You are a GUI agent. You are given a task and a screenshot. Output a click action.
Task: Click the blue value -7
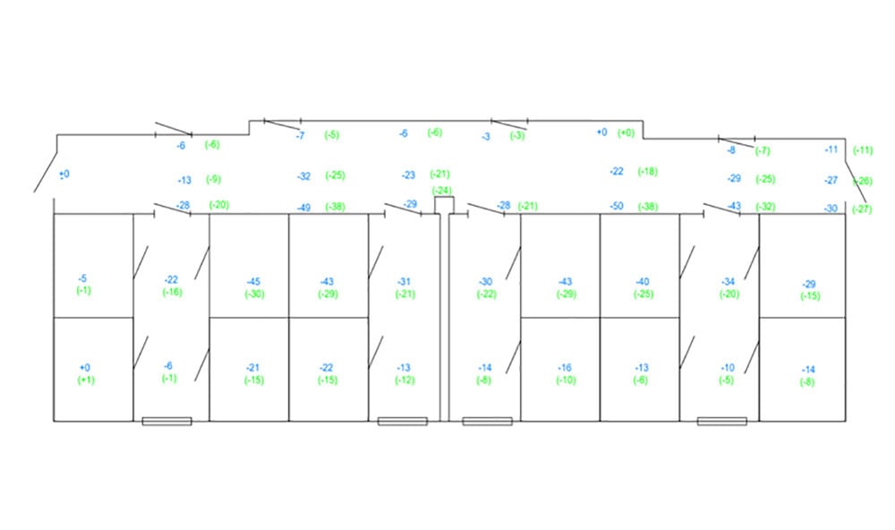point(301,135)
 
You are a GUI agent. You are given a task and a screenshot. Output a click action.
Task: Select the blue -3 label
point(486,137)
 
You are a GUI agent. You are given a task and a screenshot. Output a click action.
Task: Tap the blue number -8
point(731,150)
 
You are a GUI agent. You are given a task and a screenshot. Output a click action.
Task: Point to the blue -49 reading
point(304,208)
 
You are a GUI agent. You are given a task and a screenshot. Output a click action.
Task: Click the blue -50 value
point(616,207)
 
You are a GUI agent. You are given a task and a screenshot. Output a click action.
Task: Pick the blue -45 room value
point(253,283)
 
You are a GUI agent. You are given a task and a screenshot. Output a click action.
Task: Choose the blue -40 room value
point(642,282)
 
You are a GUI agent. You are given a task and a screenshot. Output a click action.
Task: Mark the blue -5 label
point(83,278)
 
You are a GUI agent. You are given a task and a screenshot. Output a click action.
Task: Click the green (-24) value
point(441,190)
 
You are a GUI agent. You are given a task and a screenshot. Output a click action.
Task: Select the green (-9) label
point(213,179)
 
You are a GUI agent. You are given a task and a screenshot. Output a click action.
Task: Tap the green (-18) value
point(647,171)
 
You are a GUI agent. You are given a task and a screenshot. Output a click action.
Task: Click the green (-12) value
point(405,380)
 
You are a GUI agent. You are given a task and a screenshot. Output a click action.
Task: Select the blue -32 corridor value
point(304,176)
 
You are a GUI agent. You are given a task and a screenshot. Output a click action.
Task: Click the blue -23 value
point(408,175)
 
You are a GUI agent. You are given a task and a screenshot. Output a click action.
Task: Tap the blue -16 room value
point(565,368)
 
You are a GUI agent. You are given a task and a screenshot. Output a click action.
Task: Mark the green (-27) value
point(862,209)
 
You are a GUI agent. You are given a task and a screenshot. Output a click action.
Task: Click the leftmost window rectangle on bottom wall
point(166,421)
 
